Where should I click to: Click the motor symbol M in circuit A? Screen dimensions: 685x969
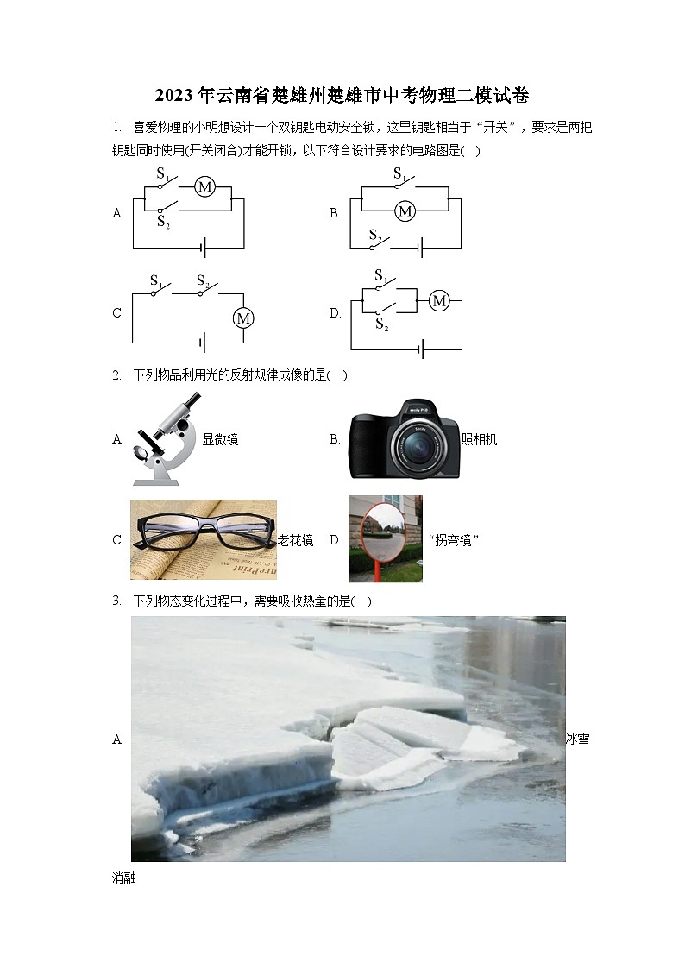pos(205,186)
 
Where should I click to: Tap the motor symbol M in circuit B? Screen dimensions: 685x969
pos(405,211)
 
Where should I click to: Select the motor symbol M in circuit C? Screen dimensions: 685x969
pos(243,318)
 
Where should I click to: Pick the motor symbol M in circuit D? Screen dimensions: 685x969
pos(439,301)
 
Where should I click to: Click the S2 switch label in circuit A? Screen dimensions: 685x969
pos(163,222)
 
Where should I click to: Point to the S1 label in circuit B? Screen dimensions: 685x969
pos(399,174)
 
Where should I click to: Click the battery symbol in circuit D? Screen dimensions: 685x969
pos(421,349)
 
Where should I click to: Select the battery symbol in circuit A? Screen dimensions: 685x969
pos(204,249)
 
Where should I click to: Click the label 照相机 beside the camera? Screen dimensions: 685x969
pos(480,439)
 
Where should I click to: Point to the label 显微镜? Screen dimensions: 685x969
pos(221,439)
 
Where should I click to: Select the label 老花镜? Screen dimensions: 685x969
pos(295,540)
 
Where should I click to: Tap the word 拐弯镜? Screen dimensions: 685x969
pos(454,540)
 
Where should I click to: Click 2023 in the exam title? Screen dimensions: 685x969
pos(174,96)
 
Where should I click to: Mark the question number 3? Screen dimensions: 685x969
pos(116,601)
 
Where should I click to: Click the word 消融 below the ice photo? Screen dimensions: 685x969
pos(124,878)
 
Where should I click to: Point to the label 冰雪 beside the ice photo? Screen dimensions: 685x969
pos(577,739)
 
